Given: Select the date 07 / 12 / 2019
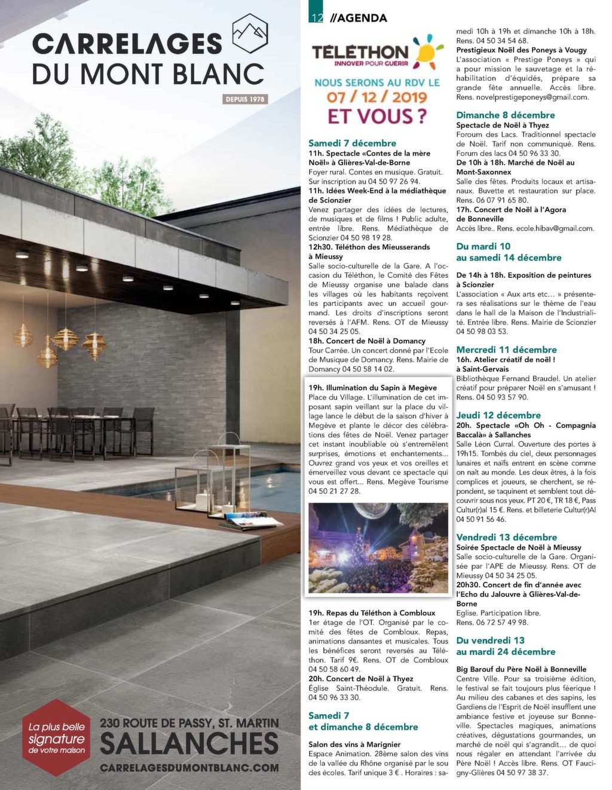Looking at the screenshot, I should pos(377,97).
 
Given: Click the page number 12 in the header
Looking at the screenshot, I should pos(316,18).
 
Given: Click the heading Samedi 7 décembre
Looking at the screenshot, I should pos(352,143).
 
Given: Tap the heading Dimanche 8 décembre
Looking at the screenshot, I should pos(505,115).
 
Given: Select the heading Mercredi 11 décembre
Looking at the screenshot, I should pos(506,350).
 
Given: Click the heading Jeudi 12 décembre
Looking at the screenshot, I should pos(498,415).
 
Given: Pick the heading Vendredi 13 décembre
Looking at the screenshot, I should pos(506,537).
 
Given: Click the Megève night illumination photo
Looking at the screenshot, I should pos(378,547).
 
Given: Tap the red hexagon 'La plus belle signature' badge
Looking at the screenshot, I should pos(57,737).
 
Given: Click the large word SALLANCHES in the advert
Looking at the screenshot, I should pos(189,744).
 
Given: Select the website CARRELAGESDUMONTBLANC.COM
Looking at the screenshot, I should pos(189,767).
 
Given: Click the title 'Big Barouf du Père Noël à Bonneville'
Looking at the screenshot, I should pos(521,669).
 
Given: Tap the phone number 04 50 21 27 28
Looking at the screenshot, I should pos(334,491).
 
